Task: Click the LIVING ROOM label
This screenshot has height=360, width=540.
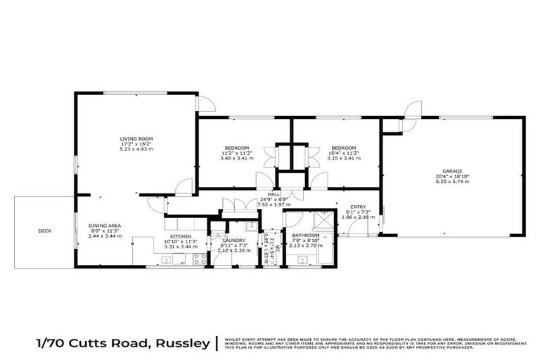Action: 136,139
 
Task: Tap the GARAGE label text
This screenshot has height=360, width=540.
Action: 452,170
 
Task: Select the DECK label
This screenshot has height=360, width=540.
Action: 44,230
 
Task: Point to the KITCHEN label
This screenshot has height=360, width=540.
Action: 181,237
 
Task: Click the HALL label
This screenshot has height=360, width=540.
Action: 274,194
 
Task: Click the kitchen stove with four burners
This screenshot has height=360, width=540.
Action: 199,259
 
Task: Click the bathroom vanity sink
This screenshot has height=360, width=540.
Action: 303,261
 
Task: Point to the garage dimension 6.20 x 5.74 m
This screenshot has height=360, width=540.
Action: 452,181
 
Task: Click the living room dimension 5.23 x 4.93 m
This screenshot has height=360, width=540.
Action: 136,150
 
